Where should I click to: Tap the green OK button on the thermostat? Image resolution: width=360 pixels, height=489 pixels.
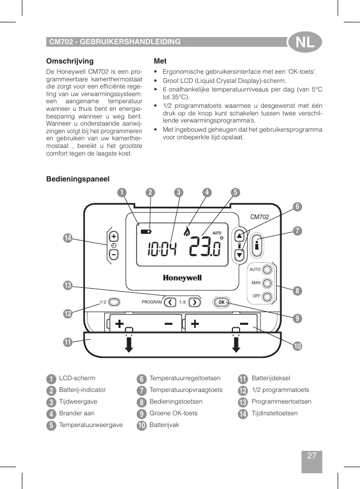click(221, 302)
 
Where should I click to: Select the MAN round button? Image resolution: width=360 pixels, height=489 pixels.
click(267, 283)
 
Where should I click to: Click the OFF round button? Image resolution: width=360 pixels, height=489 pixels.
click(267, 296)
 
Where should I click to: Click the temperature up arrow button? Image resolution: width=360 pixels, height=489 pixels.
click(240, 236)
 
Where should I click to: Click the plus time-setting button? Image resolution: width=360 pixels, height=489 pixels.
click(113, 236)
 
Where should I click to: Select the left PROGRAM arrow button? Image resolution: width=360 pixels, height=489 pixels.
click(169, 302)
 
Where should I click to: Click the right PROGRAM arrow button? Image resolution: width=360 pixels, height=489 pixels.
click(195, 302)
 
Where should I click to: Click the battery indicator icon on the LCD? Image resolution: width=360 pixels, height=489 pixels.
click(146, 231)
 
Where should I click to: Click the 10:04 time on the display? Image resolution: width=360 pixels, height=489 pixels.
click(162, 249)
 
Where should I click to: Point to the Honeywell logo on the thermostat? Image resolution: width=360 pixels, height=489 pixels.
click(182, 278)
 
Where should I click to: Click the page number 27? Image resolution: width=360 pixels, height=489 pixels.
click(312, 456)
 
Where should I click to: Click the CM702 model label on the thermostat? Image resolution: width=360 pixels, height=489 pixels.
click(259, 217)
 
